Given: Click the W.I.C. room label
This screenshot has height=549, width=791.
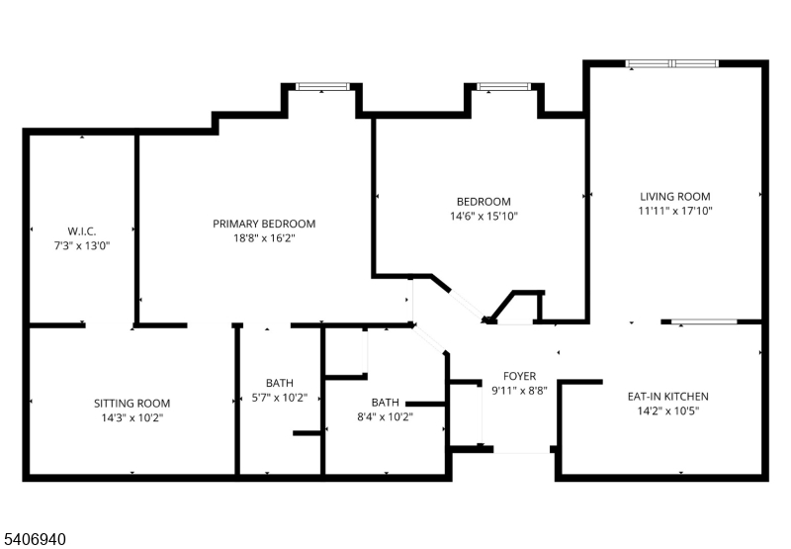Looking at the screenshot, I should (81, 229).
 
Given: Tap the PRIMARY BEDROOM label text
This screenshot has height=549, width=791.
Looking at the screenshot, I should (264, 224).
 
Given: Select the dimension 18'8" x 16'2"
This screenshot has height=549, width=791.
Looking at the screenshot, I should (264, 238).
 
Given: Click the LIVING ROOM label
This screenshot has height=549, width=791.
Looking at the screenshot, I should (674, 197).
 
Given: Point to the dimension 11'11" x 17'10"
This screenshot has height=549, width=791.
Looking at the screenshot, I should (674, 211).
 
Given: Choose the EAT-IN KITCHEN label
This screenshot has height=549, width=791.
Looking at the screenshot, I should (667, 397).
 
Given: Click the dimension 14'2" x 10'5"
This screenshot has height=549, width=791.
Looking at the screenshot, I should (667, 411).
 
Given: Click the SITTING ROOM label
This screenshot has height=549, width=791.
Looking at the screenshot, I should (132, 404).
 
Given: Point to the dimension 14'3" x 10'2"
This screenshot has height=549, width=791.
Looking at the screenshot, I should (132, 417).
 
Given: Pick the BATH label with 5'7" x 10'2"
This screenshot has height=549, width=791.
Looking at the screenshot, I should (279, 383).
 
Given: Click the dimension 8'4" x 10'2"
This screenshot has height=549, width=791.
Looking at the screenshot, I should (385, 416).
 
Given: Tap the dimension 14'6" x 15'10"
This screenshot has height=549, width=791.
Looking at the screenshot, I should (483, 216).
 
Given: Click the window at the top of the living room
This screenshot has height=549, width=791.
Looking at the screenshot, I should (672, 64).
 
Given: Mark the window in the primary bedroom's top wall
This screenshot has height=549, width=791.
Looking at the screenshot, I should (322, 87).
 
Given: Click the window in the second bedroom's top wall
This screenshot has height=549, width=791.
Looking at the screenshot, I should (503, 87).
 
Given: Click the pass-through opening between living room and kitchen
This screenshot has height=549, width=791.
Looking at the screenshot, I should (705, 321).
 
